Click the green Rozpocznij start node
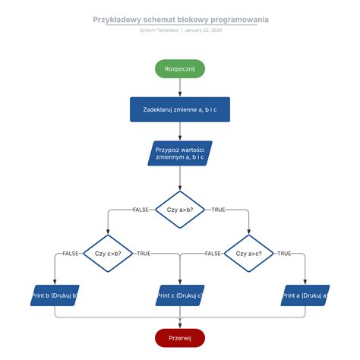point(180,68)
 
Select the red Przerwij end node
point(180,337)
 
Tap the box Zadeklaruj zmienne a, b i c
point(180,109)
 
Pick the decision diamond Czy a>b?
point(180,209)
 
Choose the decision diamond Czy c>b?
point(107,253)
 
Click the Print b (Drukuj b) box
point(55,295)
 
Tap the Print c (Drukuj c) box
point(180,295)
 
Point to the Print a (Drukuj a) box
point(305,295)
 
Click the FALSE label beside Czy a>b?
point(140,209)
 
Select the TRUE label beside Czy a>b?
point(218,209)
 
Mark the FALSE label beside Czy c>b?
point(71,253)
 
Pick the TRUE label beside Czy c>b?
point(144,253)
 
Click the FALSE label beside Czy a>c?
point(213,253)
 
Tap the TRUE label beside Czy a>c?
point(285,253)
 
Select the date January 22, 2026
point(204,30)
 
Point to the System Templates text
point(159,30)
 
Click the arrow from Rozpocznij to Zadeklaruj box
point(180,87)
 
